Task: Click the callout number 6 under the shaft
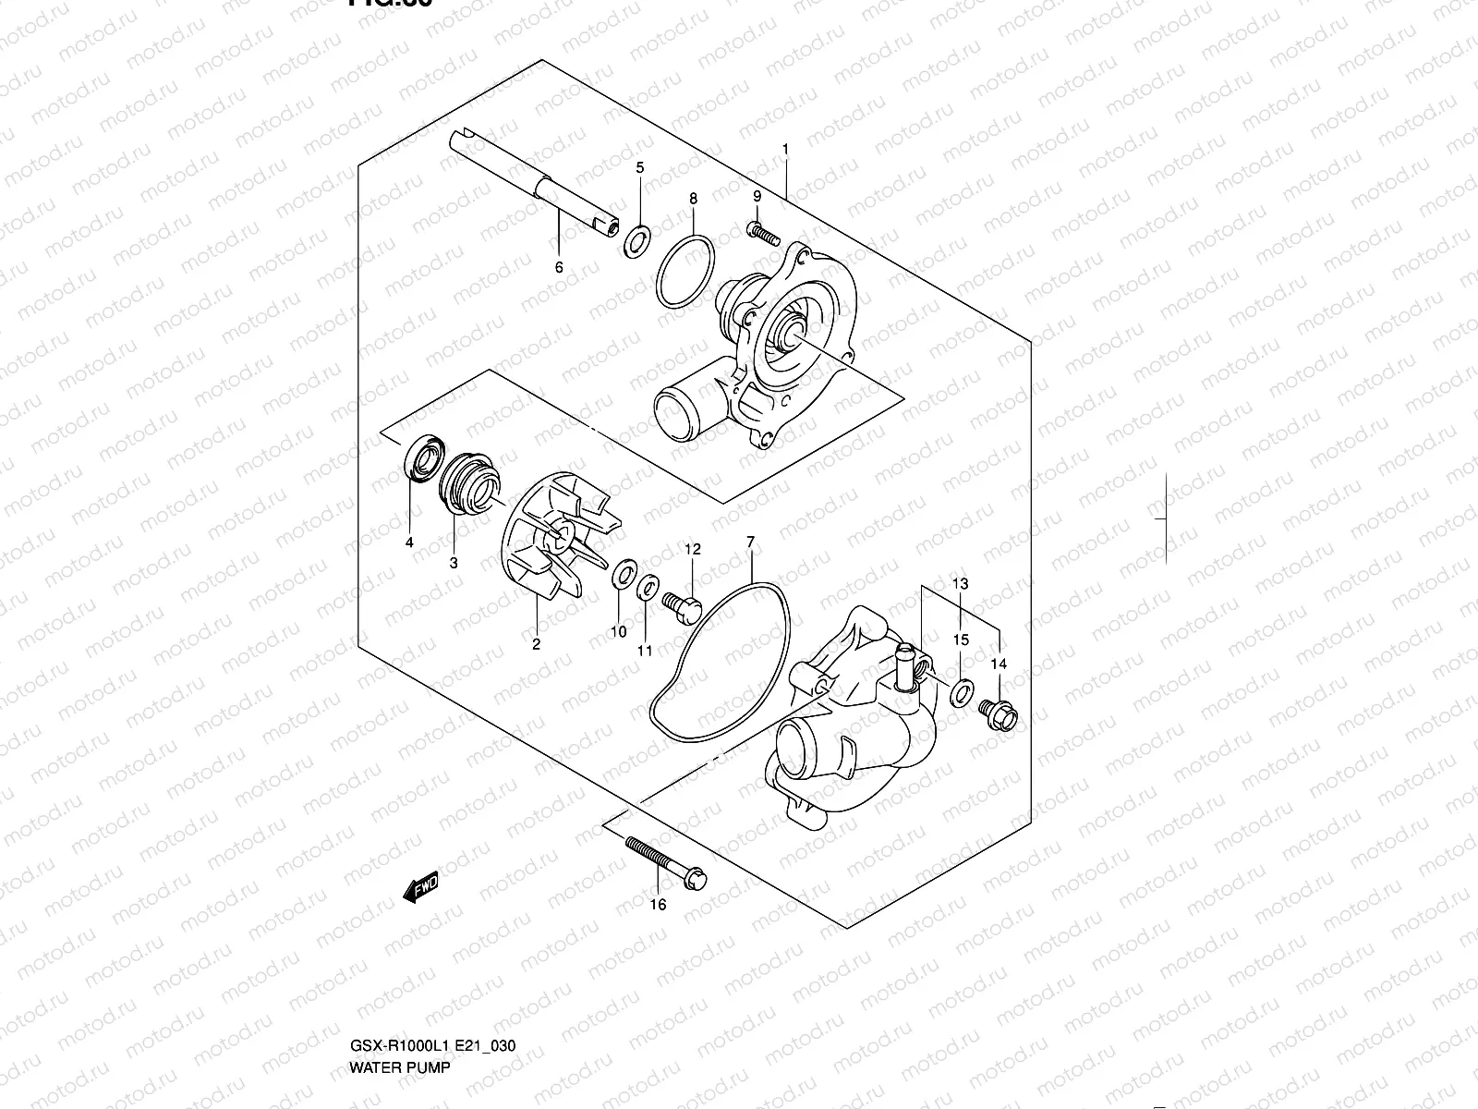click(559, 268)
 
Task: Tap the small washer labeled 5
click(636, 242)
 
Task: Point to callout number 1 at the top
click(785, 149)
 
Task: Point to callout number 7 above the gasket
click(751, 542)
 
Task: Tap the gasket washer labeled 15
click(962, 690)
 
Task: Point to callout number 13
click(961, 583)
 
